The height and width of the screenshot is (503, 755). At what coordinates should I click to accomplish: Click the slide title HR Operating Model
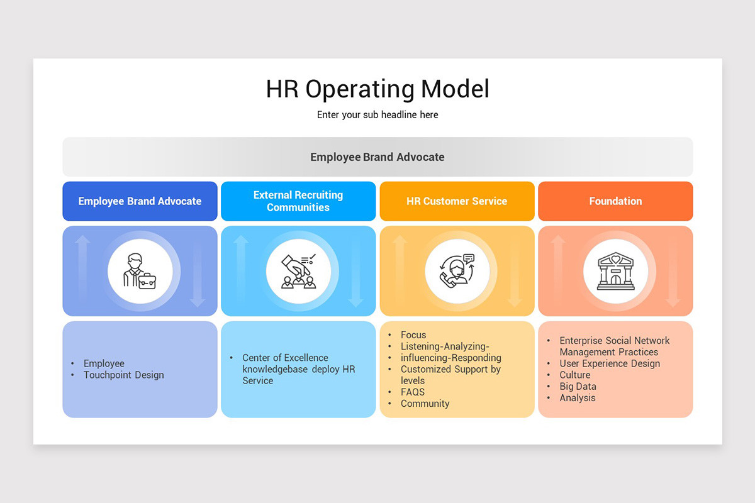tap(377, 89)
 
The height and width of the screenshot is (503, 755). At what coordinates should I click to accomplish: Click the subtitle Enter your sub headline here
tap(377, 115)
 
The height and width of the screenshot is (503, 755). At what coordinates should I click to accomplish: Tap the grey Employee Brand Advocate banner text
tap(377, 157)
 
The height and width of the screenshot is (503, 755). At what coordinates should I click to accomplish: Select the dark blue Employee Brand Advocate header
tap(140, 201)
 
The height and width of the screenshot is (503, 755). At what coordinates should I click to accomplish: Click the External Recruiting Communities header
tap(298, 201)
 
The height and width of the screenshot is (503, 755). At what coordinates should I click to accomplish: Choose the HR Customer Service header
tap(457, 201)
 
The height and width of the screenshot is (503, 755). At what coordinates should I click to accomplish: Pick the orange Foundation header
tap(615, 201)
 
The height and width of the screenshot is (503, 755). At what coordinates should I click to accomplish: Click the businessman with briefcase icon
tap(140, 271)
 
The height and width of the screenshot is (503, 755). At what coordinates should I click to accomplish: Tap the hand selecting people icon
tap(298, 271)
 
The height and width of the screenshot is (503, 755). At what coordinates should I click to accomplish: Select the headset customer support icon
tap(457, 271)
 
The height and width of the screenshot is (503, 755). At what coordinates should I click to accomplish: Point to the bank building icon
tap(615, 271)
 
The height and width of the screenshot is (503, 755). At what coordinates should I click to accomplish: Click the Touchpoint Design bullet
tap(123, 375)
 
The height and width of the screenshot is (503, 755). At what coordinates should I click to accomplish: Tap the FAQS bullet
tap(413, 392)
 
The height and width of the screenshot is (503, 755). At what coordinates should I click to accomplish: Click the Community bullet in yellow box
tap(425, 404)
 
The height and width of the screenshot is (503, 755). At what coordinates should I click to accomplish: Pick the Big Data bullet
tap(578, 387)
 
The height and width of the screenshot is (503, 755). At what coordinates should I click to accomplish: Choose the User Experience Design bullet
tap(610, 363)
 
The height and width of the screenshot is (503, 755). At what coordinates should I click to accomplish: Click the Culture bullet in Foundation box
tap(575, 375)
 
